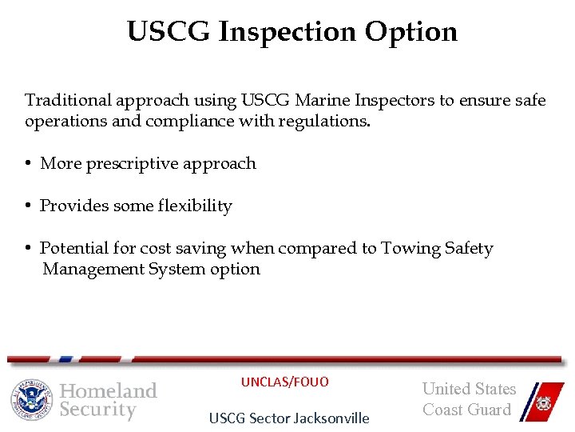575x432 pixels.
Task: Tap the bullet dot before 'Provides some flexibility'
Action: [x=28, y=206]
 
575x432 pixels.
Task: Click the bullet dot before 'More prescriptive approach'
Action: [x=28, y=164]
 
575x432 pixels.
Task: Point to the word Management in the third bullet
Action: [x=93, y=269]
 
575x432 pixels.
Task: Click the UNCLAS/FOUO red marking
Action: [x=285, y=382]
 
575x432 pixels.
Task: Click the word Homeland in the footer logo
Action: [x=109, y=390]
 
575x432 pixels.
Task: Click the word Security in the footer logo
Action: [x=98, y=410]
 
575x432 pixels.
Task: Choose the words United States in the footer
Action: [x=469, y=390]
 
